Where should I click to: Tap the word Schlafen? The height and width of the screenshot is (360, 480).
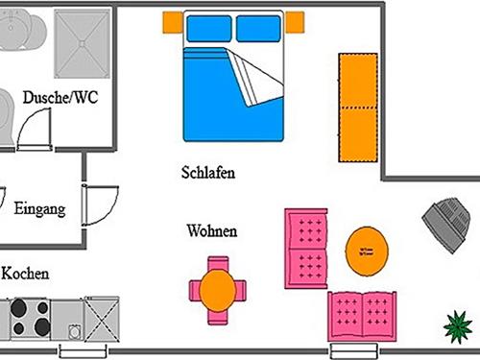coord(208,173)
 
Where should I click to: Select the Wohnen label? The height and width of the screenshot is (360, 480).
coord(212,231)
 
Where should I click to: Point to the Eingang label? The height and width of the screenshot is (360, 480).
coord(40,208)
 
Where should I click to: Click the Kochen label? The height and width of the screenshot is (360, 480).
coord(25,274)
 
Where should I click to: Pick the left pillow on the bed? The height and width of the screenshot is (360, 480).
coord(208,30)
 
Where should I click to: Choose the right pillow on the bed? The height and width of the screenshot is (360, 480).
coord(259,30)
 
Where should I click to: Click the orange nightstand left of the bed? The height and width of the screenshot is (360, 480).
coord(172,20)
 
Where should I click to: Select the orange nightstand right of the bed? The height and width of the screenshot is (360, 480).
coord(295,20)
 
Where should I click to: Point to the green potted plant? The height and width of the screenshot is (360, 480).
coord(460,327)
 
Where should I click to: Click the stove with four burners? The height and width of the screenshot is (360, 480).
coord(30,313)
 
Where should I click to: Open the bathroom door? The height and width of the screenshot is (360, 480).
coord(36,126)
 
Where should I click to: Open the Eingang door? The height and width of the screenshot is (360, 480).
coord(100,203)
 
